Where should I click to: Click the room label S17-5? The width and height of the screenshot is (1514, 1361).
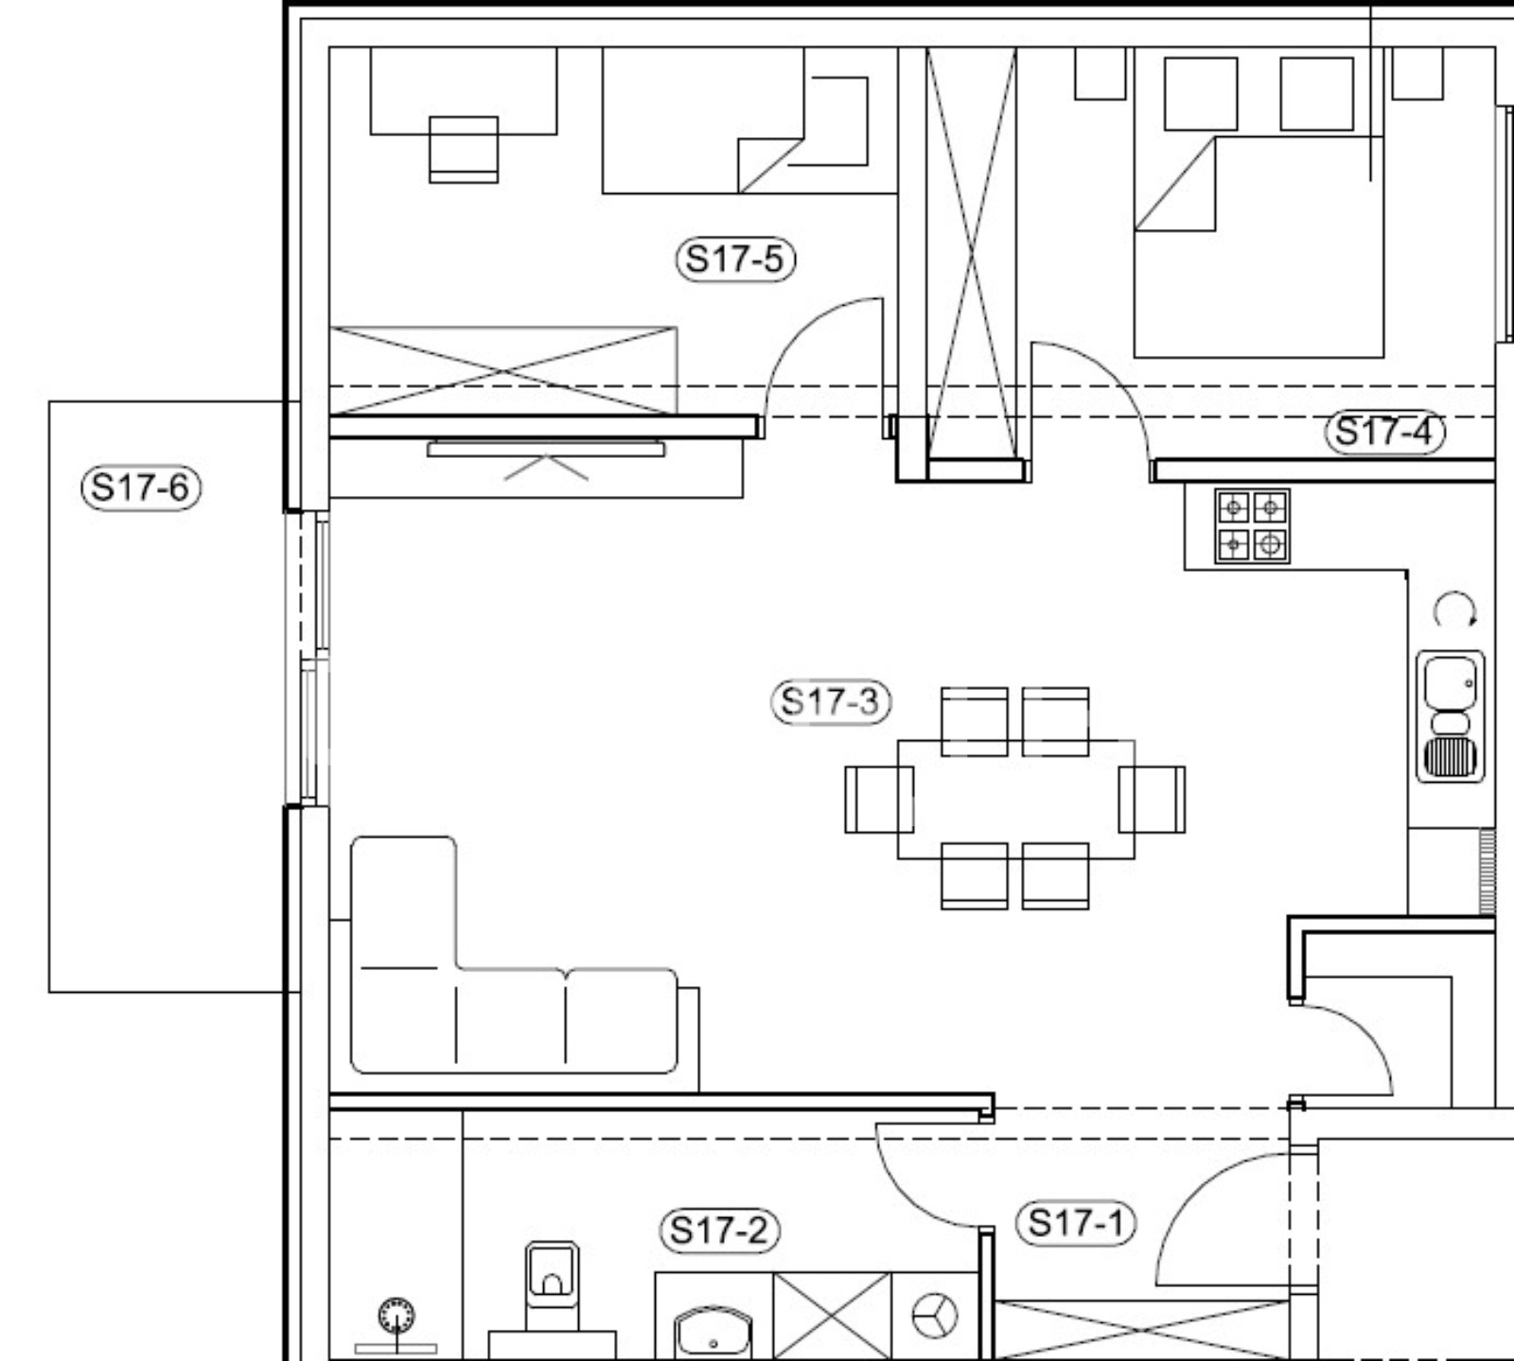point(735,258)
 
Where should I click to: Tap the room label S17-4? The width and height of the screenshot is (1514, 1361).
point(1384,433)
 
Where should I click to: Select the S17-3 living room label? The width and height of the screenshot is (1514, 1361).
point(830,702)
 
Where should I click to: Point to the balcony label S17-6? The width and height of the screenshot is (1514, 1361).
point(141,488)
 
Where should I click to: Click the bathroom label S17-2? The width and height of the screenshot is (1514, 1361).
point(718,1230)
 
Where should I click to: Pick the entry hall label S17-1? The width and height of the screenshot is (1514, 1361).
point(1075,1223)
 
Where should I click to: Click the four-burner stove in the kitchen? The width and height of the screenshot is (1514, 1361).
point(1252,526)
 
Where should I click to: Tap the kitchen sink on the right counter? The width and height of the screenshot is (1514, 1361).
point(1450,716)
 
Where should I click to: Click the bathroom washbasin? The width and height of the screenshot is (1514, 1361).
point(713,1333)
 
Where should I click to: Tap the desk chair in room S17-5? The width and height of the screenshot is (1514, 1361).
point(464,148)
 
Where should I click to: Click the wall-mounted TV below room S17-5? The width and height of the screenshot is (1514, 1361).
point(546,449)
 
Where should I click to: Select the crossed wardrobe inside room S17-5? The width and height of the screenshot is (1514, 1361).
point(503,370)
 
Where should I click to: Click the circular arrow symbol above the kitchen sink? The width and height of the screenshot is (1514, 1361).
point(1452,610)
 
